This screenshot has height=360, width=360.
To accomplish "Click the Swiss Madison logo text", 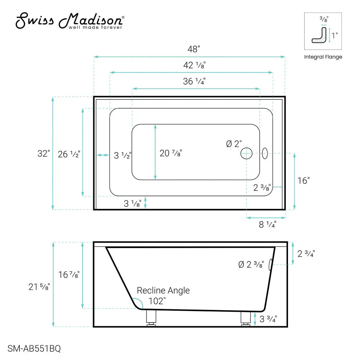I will click(x=70, y=21).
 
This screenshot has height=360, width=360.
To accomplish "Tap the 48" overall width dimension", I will click(x=193, y=49).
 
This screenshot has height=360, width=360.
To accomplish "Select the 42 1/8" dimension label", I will click(x=194, y=65).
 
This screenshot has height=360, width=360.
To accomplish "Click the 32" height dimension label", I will click(x=43, y=154).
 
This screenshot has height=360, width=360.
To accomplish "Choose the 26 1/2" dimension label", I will click(x=69, y=154).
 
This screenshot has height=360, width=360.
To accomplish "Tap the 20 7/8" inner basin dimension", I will click(x=171, y=153).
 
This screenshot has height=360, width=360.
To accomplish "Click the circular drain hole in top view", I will click(x=247, y=153).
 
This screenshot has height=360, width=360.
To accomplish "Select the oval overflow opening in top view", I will click(x=265, y=153).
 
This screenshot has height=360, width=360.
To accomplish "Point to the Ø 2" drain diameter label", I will click(x=234, y=144).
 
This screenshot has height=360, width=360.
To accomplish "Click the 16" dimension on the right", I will click(x=303, y=181).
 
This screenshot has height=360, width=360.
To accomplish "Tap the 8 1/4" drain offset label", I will click(x=267, y=225).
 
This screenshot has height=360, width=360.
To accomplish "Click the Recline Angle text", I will click(x=163, y=291).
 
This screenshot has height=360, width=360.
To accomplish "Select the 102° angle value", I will click(x=157, y=301).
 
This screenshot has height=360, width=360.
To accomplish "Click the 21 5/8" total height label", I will click(x=39, y=287).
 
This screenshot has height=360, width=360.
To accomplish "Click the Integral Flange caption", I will click(x=323, y=57).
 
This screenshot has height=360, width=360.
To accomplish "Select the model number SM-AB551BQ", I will click(x=34, y=348).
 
